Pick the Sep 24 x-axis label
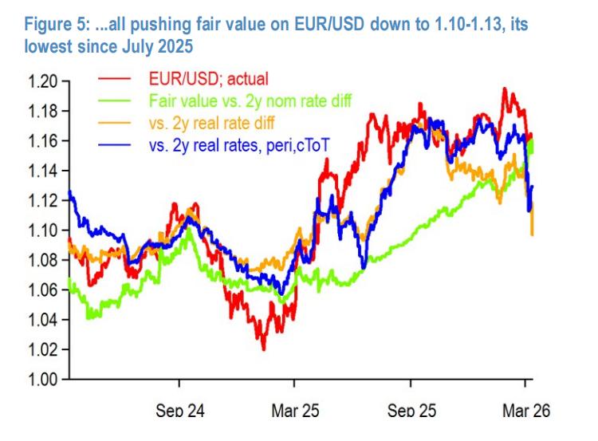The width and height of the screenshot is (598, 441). click(x=180, y=411)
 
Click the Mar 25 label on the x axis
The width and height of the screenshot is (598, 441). click(x=295, y=411)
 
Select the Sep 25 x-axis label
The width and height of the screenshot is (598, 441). click(x=412, y=411)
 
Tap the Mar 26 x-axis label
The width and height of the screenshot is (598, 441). click(x=526, y=411)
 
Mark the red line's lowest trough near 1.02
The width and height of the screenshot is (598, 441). click(x=264, y=349)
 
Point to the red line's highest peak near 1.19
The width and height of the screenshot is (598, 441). click(x=504, y=89)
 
